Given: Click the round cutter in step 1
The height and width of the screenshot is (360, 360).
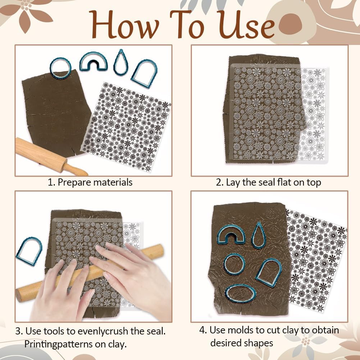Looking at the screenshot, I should [x=60, y=68].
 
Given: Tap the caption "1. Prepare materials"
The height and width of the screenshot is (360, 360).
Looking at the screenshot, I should [x=90, y=182].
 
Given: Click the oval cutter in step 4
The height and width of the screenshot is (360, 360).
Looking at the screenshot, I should [x=241, y=294].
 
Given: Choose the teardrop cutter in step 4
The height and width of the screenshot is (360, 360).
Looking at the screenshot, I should [x=258, y=236].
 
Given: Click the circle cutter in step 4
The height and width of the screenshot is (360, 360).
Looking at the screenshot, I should [x=234, y=264].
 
